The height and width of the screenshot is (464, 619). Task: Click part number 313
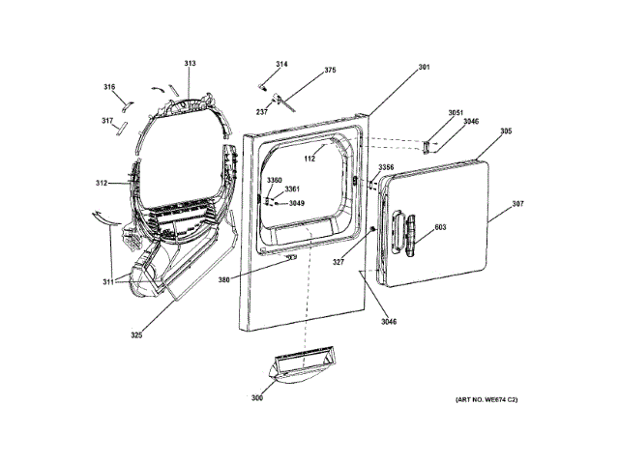pyautogui.click(x=190, y=64)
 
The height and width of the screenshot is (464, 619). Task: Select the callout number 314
pyautogui.click(x=281, y=65)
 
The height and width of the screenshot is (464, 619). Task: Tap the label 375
pyautogui.click(x=330, y=71)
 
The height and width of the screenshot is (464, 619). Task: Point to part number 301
pyautogui.click(x=424, y=68)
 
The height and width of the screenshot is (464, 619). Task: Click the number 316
pyautogui.click(x=109, y=87)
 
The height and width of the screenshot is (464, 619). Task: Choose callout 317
pyautogui.click(x=107, y=121)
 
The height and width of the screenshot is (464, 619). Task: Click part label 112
pyautogui.click(x=310, y=158)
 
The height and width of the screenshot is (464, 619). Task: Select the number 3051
pyautogui.click(x=457, y=113)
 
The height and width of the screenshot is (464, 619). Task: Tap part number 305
pyautogui.click(x=506, y=131)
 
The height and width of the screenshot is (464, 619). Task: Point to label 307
pyautogui.click(x=518, y=204)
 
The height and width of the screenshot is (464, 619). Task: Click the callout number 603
pyautogui.click(x=440, y=227)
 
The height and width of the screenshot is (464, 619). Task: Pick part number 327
pyautogui.click(x=339, y=262)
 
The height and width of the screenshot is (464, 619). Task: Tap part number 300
pyautogui.click(x=257, y=398)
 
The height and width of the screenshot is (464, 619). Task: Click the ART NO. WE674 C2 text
pyautogui.click(x=486, y=399)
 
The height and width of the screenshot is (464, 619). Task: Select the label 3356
pyautogui.click(x=386, y=167)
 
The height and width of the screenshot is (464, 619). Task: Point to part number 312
pyautogui.click(x=102, y=184)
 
